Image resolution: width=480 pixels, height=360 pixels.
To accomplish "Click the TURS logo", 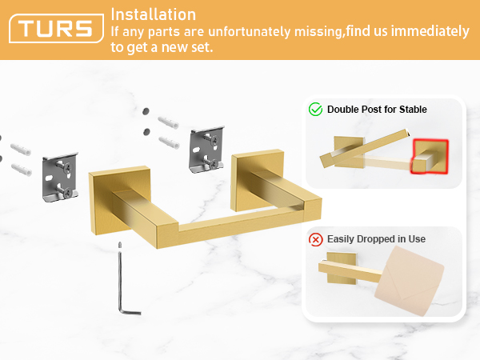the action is pyautogui.click(x=56, y=28).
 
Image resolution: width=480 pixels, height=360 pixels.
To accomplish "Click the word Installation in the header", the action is pyautogui.click(x=153, y=14).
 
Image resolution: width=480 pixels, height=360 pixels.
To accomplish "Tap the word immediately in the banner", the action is pyautogui.click(x=430, y=31).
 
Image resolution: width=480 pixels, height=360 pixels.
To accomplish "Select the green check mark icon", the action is pyautogui.click(x=315, y=110).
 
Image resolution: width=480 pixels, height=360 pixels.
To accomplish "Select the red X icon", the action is pyautogui.click(x=316, y=239).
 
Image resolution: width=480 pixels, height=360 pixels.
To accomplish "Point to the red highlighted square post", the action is pyautogui.click(x=430, y=157).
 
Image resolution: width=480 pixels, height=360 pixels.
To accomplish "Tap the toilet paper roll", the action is pyautogui.click(x=409, y=281).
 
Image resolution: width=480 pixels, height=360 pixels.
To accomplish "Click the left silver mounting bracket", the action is pyautogui.click(x=60, y=177).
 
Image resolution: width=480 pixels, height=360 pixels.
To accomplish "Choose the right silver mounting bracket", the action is pyautogui.click(x=207, y=149).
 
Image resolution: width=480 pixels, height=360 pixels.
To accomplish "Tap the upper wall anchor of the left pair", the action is pyautogui.click(x=21, y=149).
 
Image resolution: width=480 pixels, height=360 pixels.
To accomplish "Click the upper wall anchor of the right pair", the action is pyautogui.click(x=168, y=122).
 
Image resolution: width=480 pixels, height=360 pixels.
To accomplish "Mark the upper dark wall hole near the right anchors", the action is pyautogui.click(x=146, y=111).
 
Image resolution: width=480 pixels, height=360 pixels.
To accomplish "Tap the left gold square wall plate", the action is pyautogui.click(x=120, y=200).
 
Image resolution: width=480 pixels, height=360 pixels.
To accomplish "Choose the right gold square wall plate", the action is pyautogui.click(x=258, y=180).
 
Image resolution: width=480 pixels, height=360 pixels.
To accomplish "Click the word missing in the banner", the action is pyautogui.click(x=318, y=32).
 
